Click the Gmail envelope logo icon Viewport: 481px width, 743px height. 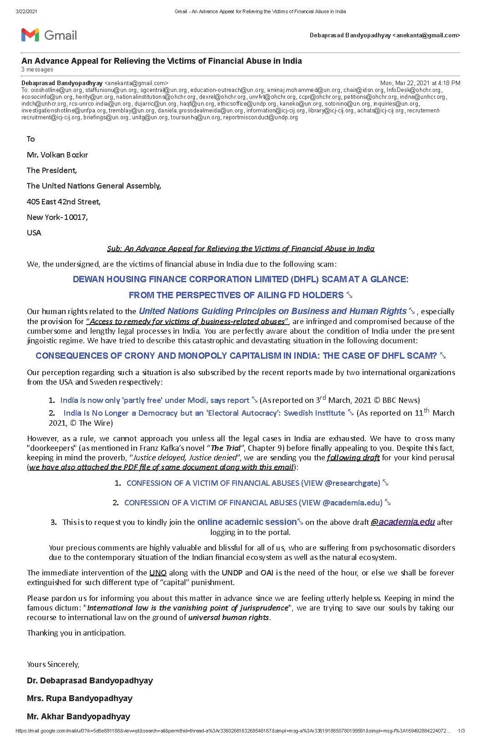30,35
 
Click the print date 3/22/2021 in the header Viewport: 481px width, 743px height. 26,11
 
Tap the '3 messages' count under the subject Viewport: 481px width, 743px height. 37,70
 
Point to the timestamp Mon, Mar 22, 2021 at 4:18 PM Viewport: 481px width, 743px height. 420,83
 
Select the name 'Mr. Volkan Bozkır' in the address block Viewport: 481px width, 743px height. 57,155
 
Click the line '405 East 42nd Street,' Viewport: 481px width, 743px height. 64,202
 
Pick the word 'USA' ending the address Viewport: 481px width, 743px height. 34,233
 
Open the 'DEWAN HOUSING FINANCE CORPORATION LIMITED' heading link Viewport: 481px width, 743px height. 240,280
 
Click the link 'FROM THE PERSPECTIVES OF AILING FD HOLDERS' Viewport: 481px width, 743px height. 236,295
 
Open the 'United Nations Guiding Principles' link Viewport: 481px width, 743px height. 272,311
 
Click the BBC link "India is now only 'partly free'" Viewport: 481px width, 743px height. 155,400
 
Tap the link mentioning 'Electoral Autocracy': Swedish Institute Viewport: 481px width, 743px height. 204,413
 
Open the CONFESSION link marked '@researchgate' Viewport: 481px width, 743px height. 253,483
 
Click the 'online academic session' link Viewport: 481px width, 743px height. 247,522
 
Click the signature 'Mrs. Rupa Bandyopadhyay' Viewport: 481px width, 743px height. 80,698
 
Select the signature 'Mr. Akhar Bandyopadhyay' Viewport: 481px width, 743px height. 78,717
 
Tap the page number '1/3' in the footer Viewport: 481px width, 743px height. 461,731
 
